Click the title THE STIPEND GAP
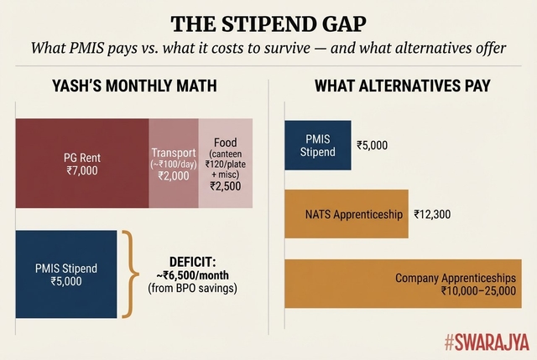[268, 23]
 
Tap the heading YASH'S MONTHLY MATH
[134, 86]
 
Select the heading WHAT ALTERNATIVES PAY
[403, 86]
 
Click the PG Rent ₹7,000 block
[82, 164]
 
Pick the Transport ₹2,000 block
[174, 164]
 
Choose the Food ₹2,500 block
[226, 164]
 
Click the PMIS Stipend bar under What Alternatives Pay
[318, 145]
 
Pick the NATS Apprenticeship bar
[346, 214]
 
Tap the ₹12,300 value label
[432, 214]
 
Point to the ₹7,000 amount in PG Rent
[82, 170]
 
